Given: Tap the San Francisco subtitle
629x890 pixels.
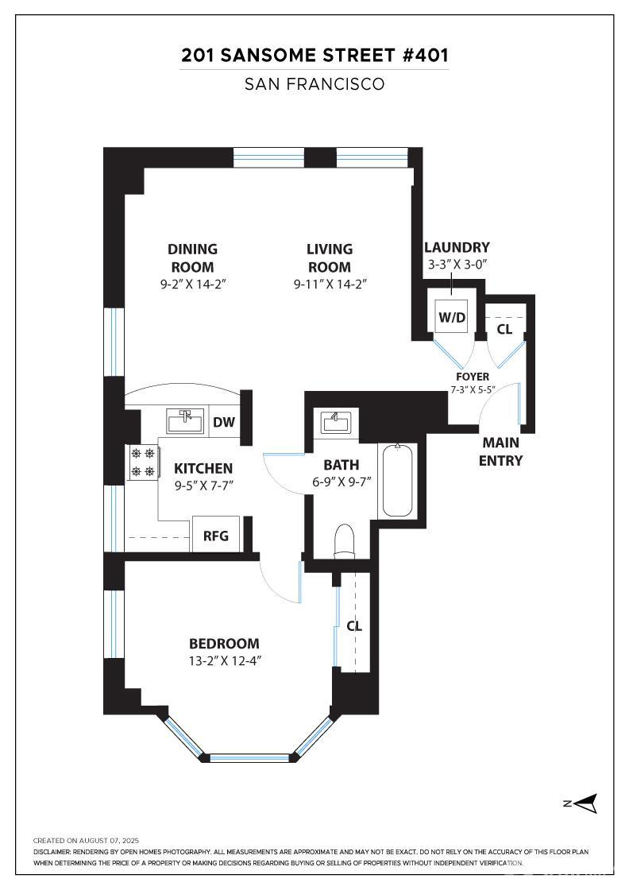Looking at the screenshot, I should (x=314, y=83).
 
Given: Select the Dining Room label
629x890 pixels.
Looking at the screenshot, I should (x=191, y=257).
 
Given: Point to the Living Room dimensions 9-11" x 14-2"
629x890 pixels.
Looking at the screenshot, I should (x=330, y=284).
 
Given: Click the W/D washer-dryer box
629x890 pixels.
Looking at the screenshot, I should (x=452, y=318).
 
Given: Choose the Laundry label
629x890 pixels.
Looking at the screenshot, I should (x=457, y=247).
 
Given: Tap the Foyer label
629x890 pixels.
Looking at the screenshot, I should (x=473, y=376).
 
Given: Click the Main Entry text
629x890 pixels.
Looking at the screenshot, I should (x=501, y=452).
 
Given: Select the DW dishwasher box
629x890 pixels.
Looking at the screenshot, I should (x=224, y=422).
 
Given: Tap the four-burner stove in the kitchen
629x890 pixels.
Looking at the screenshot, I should (x=143, y=462).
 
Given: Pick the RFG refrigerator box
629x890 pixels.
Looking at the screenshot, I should (x=216, y=536).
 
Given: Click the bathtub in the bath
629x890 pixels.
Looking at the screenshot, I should (x=399, y=482).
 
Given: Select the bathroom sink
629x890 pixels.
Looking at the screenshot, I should (x=337, y=422).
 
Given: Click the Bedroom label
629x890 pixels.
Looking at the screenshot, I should (x=223, y=644).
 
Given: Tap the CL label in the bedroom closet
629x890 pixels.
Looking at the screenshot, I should (x=354, y=626).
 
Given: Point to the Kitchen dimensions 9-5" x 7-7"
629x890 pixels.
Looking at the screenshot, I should (x=203, y=484).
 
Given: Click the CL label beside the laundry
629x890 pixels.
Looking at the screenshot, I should (x=504, y=328).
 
